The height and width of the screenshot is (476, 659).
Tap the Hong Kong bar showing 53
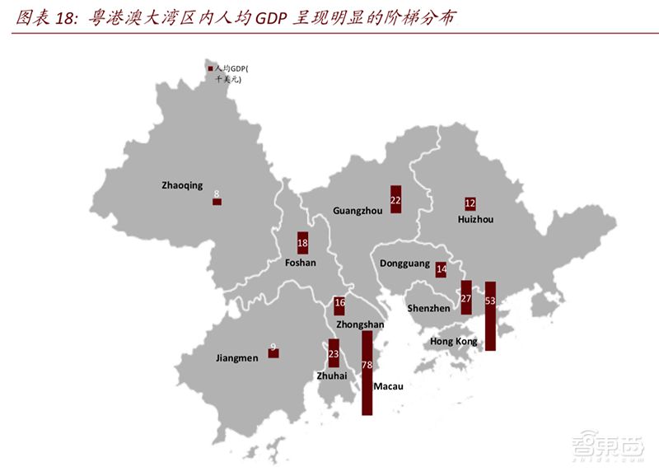click(x=490, y=316)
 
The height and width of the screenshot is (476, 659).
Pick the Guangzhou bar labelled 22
click(x=395, y=199)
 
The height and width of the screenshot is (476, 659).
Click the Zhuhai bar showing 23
click(x=334, y=353)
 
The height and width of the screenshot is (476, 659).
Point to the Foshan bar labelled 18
click(x=302, y=244)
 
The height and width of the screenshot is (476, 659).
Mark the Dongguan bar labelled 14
click(x=442, y=268)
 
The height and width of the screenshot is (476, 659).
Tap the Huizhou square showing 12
click(x=470, y=203)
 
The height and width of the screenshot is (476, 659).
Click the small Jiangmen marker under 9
click(x=273, y=353)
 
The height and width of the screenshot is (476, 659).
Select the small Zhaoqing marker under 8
click(x=217, y=201)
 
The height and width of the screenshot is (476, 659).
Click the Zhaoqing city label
click(x=182, y=186)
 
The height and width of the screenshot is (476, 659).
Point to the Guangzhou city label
click(x=358, y=211)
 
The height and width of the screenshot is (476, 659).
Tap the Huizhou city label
click(x=474, y=220)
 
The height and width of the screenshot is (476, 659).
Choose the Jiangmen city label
click(x=236, y=358)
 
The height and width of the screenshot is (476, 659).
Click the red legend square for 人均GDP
click(x=211, y=69)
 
